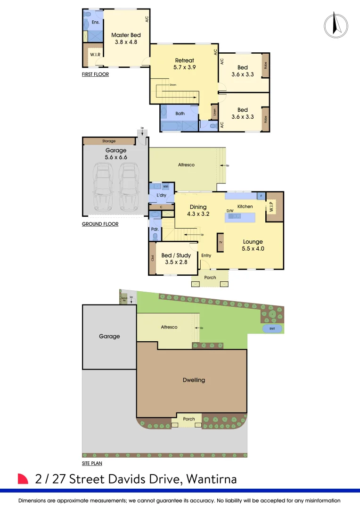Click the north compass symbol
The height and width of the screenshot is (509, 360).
coord(336,24)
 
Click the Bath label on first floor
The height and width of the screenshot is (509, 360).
coord(180,113)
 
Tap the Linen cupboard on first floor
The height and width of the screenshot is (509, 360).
coord(214,113)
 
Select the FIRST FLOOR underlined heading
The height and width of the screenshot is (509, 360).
coord(95,74)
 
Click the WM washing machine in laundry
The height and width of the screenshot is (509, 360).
coord(165,187)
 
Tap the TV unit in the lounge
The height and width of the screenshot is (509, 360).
coord(221,242)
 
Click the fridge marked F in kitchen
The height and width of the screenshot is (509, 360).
coord(260,196)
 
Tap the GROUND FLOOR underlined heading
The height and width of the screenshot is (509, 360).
coord(100,224)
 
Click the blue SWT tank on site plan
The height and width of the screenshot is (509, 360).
coord(272,328)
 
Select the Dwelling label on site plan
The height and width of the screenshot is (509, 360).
coord(194,380)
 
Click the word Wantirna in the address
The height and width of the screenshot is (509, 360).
coord(212,479)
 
